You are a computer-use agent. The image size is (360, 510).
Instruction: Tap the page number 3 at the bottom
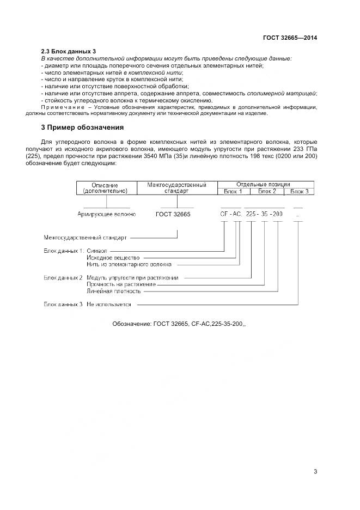[x=315, y=471]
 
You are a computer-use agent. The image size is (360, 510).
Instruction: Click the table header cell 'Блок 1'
[x=234, y=191]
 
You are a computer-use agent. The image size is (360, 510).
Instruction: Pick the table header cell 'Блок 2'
[x=266, y=191]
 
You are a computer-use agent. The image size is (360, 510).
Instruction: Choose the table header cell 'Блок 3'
[x=299, y=191]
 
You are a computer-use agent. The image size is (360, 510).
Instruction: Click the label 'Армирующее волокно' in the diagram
[x=107, y=215]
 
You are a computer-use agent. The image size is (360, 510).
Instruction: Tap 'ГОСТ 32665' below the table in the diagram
[x=173, y=215]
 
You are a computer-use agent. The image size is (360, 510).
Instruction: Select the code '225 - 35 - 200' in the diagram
[x=264, y=215]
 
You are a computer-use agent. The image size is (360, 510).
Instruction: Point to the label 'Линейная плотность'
[x=113, y=291]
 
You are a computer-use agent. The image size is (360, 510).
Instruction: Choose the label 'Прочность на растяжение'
[x=121, y=284]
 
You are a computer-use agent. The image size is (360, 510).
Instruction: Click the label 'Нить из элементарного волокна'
[x=129, y=264]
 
